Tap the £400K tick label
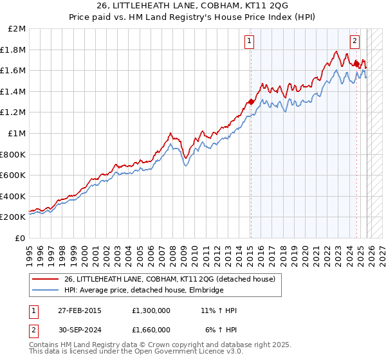(x=14, y=196)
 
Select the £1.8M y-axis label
(x=14, y=50)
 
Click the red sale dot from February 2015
(x=251, y=102)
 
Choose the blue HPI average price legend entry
(x=143, y=291)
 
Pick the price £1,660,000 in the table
(x=155, y=331)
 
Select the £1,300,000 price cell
(x=155, y=310)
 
